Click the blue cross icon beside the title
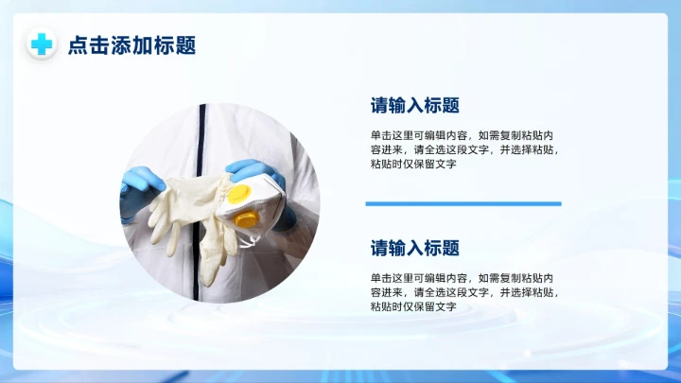point(42,44)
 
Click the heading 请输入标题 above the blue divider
point(414,106)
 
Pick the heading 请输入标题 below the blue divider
point(414,249)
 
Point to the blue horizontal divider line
point(463,203)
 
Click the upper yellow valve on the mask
point(240,193)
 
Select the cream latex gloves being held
point(189,213)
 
